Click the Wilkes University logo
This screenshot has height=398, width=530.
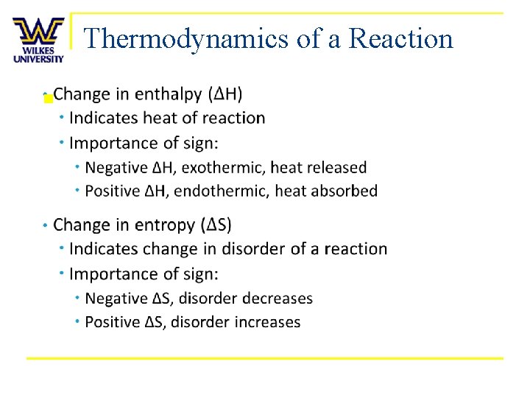point(38,40)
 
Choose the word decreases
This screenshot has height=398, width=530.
point(277,298)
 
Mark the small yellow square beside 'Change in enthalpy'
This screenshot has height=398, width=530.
point(48,98)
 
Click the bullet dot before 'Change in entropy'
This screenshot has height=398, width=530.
point(45,225)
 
